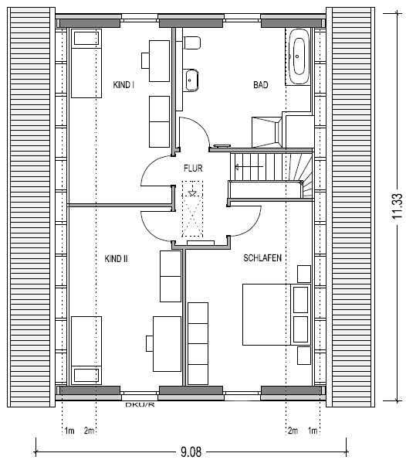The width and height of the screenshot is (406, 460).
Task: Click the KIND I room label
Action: click(123, 85)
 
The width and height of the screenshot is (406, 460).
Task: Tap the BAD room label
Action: click(261, 85)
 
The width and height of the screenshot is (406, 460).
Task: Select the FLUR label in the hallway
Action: click(193, 169)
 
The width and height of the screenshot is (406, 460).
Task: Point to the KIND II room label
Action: click(116, 259)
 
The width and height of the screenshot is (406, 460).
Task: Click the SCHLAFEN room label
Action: click(262, 258)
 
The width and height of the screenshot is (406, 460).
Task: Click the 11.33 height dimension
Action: click(398, 206)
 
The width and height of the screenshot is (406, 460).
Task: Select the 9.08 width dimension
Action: click(191, 451)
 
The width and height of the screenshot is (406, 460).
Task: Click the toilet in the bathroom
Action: click(192, 43)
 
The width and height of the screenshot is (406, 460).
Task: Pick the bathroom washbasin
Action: click(192, 80)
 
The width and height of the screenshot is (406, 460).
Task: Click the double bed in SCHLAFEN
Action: click(276, 314)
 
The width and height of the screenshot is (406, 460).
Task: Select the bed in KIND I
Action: click(86, 63)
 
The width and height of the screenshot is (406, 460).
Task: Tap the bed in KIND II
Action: click(86, 350)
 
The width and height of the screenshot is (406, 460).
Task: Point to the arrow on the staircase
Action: click(249, 167)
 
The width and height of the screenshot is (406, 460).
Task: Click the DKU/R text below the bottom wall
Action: click(140, 405)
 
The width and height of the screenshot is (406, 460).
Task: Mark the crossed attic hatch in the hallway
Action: click(192, 209)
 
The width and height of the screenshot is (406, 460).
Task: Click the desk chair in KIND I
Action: click(146, 61)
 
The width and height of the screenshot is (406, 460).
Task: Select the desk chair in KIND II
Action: click(150, 343)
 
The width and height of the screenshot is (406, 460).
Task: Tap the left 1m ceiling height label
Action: click(69, 431)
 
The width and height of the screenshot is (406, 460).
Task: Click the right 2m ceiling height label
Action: click(293, 431)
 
